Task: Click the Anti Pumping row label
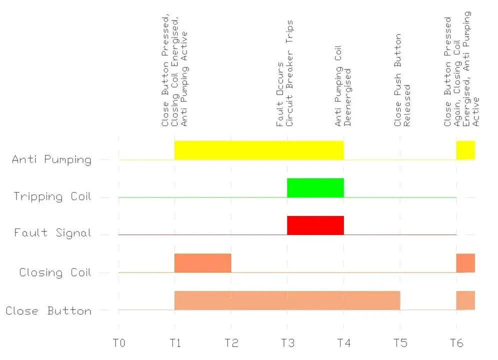click(52, 160)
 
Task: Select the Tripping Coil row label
click(52, 196)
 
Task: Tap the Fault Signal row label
click(53, 233)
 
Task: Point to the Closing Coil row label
click(55, 273)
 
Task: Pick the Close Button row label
click(48, 311)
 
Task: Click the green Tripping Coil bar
click(315, 187)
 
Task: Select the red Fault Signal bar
click(315, 225)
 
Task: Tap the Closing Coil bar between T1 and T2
click(202, 263)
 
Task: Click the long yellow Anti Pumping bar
click(259, 150)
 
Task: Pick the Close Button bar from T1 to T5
click(287, 300)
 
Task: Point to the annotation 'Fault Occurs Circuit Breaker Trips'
click(284, 73)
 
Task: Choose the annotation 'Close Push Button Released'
click(402, 80)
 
